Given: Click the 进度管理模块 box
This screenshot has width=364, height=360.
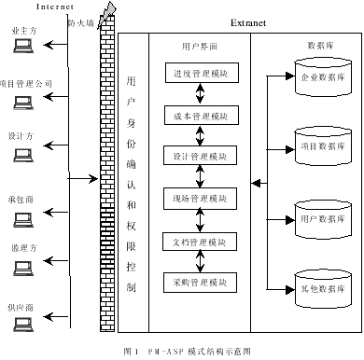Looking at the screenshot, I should (198, 73).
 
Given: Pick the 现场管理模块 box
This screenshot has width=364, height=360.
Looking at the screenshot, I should (198, 198).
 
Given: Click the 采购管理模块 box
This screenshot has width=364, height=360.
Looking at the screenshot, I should (198, 280).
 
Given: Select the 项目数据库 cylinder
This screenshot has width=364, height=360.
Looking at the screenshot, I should (323, 145).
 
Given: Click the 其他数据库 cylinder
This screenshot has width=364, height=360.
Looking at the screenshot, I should (323, 286).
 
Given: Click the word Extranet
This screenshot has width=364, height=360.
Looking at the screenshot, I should (249, 21).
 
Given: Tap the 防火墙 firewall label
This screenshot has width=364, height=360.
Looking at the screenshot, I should (81, 19).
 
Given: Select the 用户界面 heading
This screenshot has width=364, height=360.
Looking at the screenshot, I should (196, 46).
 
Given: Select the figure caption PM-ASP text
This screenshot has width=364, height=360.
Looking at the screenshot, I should (187, 352).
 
